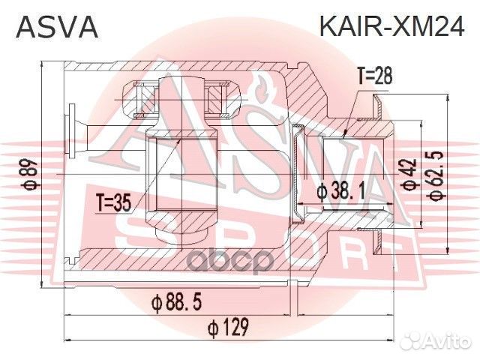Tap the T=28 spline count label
click(x=374, y=75)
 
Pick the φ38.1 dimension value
click(x=340, y=192)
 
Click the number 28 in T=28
click(x=383, y=75)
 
